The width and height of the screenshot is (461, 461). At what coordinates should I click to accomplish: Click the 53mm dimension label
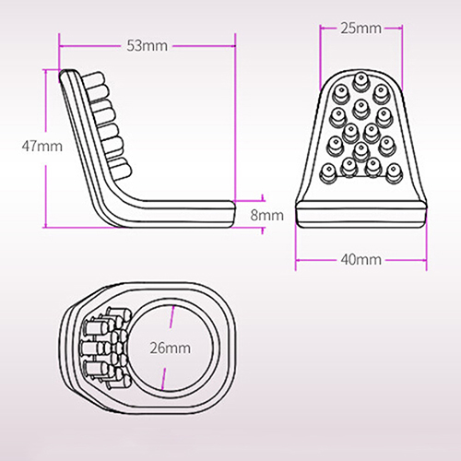(148, 46)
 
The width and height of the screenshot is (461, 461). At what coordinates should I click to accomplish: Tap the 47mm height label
(42, 146)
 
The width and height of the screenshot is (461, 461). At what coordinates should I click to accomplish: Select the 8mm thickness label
(266, 215)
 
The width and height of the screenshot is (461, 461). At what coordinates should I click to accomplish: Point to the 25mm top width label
(361, 29)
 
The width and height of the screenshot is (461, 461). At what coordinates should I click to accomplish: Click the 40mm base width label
(361, 260)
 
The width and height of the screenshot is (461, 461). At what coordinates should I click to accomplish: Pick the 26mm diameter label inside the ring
(171, 349)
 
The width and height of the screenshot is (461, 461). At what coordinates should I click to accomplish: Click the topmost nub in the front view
(361, 81)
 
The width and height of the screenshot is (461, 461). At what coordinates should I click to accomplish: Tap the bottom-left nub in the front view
(328, 173)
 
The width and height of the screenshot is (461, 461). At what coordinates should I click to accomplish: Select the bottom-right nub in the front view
(394, 173)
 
